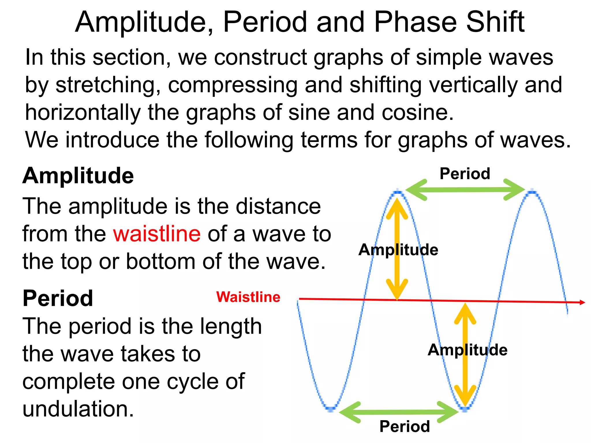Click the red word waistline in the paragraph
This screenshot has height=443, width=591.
click(157, 234)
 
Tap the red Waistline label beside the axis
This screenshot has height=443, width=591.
click(248, 297)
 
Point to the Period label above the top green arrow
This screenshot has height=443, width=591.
click(465, 174)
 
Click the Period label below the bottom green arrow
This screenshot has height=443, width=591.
click(405, 426)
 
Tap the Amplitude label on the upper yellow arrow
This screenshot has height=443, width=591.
click(398, 249)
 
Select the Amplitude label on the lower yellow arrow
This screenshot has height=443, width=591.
click(467, 350)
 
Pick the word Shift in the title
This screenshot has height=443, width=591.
click(495, 22)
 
